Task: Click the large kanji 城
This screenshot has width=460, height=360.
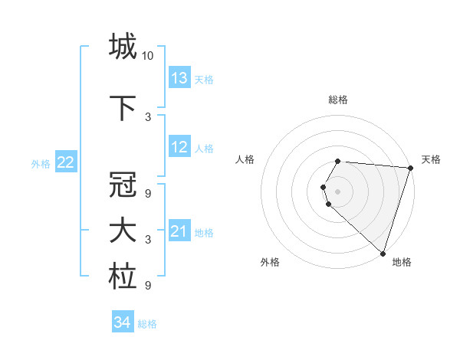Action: pyautogui.click(x=122, y=47)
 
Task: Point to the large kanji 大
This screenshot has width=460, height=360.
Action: pyautogui.click(x=122, y=231)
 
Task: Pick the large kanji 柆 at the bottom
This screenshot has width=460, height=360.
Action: pyautogui.click(x=122, y=277)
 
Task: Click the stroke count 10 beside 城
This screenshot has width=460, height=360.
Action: pyautogui.click(x=148, y=56)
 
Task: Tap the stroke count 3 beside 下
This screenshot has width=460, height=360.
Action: pyautogui.click(x=148, y=117)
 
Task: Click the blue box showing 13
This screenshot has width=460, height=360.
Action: pyautogui.click(x=179, y=78)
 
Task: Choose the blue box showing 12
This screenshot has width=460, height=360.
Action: pyautogui.click(x=179, y=147)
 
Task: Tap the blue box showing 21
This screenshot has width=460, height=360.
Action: pyautogui.click(x=179, y=231)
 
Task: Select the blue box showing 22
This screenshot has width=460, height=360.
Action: pyautogui.click(x=66, y=162)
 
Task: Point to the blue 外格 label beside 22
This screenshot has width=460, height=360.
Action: pyautogui.click(x=41, y=163)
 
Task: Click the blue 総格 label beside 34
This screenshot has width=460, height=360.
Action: pyautogui.click(x=147, y=324)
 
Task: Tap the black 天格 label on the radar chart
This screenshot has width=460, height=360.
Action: pyautogui.click(x=431, y=159)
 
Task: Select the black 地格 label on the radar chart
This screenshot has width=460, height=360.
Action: pyautogui.click(x=402, y=262)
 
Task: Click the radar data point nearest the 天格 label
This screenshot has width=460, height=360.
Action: pyautogui.click(x=410, y=168)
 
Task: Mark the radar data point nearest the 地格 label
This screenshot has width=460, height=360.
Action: pyautogui.click(x=383, y=253)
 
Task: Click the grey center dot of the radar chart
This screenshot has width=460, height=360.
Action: pyautogui.click(x=338, y=191)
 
